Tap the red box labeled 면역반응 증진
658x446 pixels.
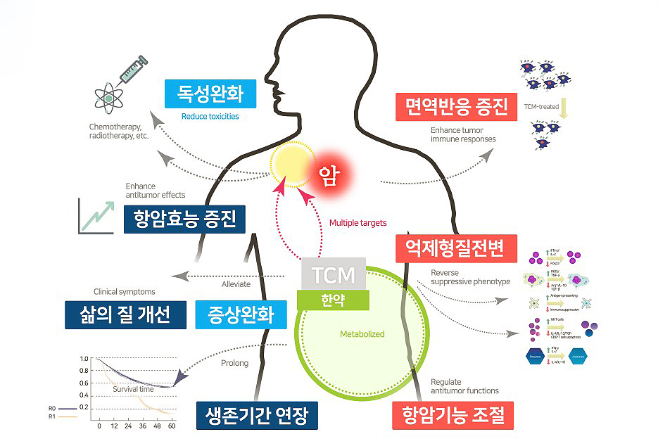coord(451,107)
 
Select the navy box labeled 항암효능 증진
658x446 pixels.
coord(184,218)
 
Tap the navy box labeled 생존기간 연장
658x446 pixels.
coord(257,414)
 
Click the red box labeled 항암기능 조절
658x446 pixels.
coord(452,415)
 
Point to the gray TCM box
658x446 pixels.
coord(334,273)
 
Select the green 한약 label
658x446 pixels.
coord(333,298)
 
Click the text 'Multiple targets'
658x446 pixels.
coord(358,224)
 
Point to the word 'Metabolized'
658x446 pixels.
coord(362,334)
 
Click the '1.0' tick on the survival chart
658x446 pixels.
coord(84,359)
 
